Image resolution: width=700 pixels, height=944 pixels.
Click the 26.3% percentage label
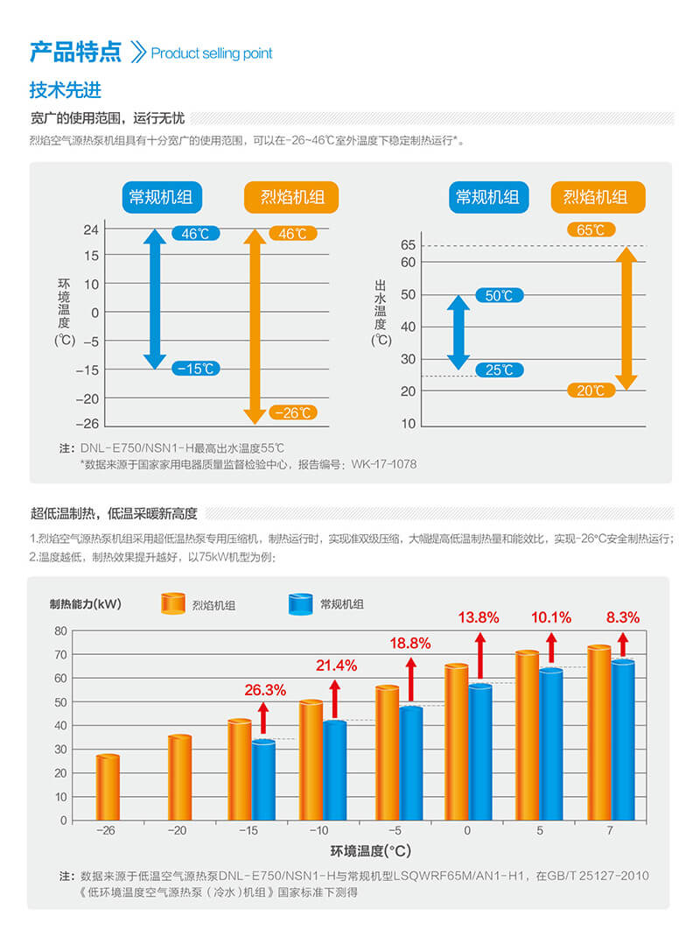(265, 689)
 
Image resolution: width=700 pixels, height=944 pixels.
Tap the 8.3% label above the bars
(622, 616)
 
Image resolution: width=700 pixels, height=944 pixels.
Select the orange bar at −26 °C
(108, 787)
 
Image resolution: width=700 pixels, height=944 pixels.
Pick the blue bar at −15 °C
(263, 780)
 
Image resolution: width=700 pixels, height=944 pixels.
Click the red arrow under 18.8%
(410, 675)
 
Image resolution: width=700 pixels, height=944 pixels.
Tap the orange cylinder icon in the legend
(173, 603)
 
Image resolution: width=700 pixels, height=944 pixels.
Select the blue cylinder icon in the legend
(300, 603)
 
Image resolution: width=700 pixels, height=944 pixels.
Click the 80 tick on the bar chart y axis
(60, 631)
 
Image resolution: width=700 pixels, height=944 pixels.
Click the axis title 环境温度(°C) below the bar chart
(370, 850)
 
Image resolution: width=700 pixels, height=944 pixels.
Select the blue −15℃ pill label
(196, 369)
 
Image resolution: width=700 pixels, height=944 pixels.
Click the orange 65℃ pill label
(591, 230)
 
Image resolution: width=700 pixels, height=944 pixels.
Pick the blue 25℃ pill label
(499, 370)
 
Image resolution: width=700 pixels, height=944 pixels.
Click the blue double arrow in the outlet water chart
(458, 332)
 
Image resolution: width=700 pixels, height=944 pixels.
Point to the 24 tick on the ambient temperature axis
(90, 230)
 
